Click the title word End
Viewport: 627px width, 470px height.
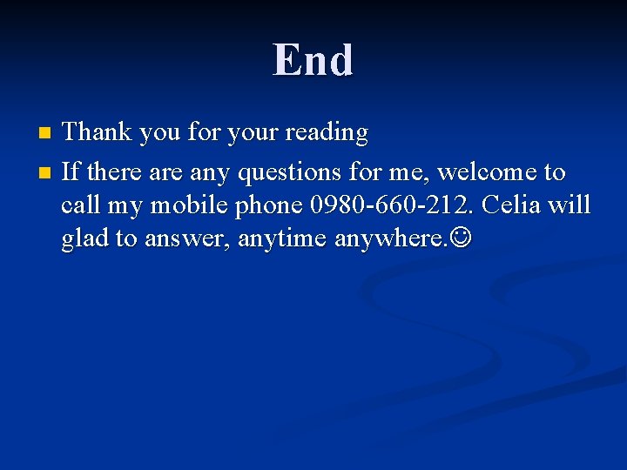click(313, 60)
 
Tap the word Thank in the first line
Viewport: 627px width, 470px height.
click(97, 132)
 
